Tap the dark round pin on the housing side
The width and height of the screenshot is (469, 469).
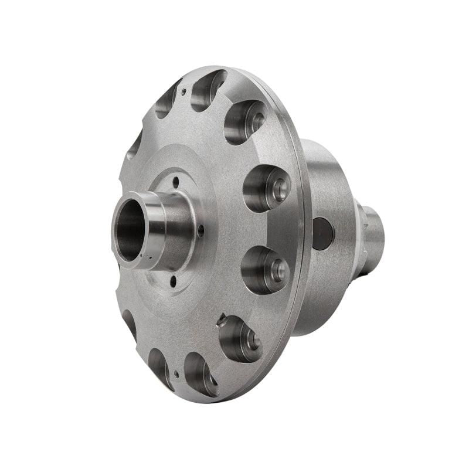point(322,233)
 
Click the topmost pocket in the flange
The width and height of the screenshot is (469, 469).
point(208,89)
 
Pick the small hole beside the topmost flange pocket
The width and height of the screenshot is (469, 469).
point(183,91)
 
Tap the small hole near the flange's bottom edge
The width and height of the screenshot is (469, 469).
point(176,373)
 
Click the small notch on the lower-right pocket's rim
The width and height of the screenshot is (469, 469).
point(221,320)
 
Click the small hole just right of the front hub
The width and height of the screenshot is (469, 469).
point(200,232)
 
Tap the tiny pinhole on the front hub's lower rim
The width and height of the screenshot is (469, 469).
point(150,256)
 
